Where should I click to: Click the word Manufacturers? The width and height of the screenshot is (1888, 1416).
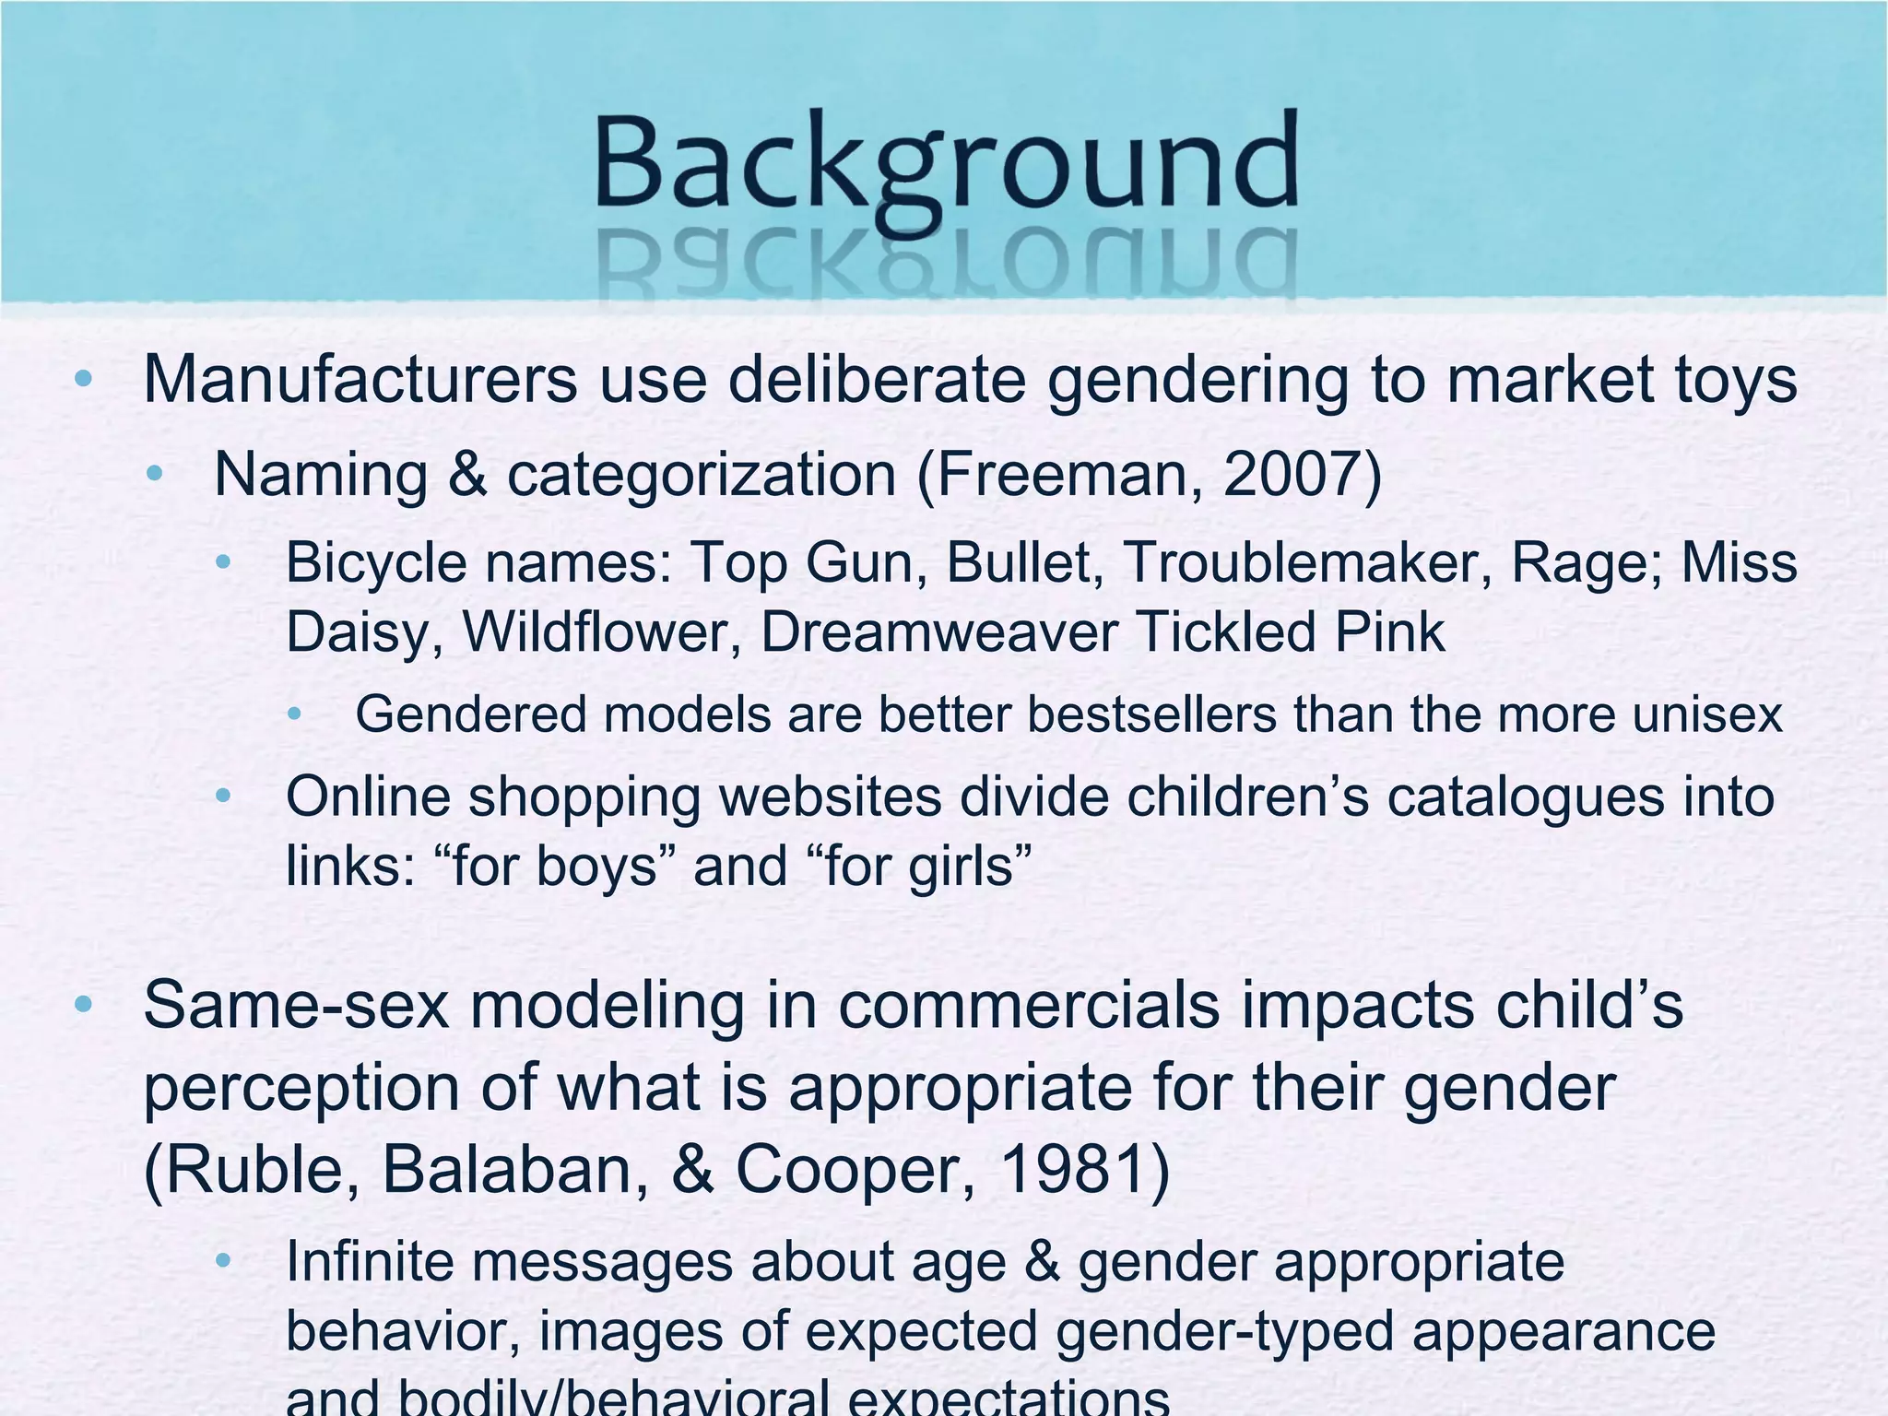360,380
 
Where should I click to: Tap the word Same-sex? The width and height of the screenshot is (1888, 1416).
296,1005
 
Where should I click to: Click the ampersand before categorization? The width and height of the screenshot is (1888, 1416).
467,475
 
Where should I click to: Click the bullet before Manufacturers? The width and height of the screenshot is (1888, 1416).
83,378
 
